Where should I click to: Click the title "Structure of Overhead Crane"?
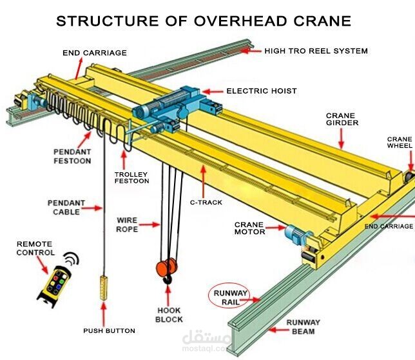204,20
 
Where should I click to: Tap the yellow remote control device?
54,284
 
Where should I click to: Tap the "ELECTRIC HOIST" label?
262,92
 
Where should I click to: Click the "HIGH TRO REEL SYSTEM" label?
316,50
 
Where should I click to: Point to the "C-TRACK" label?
206,202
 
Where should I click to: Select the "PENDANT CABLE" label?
65,207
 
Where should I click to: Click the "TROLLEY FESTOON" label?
131,177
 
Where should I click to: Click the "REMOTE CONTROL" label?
35,248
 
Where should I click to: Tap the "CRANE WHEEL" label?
400,142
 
